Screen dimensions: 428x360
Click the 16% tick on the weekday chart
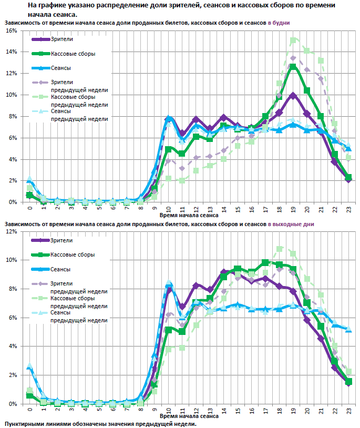10,31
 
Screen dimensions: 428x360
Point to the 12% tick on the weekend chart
10,231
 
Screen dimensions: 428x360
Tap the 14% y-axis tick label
10,52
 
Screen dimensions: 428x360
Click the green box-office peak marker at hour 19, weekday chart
293,67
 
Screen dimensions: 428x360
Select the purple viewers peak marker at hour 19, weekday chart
293,96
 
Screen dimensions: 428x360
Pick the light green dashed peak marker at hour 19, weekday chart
293,40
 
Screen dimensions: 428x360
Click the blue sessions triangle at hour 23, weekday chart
348,149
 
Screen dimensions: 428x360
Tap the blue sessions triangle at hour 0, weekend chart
29,366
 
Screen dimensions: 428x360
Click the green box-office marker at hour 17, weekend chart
265,262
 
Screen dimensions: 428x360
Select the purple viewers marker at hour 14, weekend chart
224,272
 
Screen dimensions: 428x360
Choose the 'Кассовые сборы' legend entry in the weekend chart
73,254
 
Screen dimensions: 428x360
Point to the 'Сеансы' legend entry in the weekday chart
61,68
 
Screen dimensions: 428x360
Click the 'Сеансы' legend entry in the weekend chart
61,269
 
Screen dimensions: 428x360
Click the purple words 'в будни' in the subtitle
279,24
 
